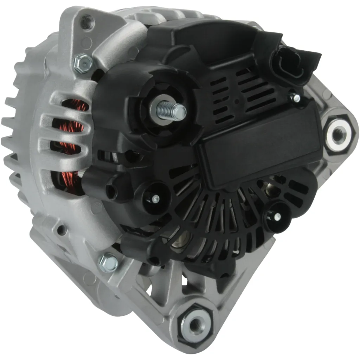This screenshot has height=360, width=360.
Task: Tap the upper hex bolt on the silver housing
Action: point(83,63)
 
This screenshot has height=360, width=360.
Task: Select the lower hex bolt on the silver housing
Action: point(108,263)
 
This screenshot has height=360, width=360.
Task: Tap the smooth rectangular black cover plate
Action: point(260,148)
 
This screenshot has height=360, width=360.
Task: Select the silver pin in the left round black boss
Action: point(155,199)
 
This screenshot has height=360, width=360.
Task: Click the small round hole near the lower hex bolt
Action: point(62,231)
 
